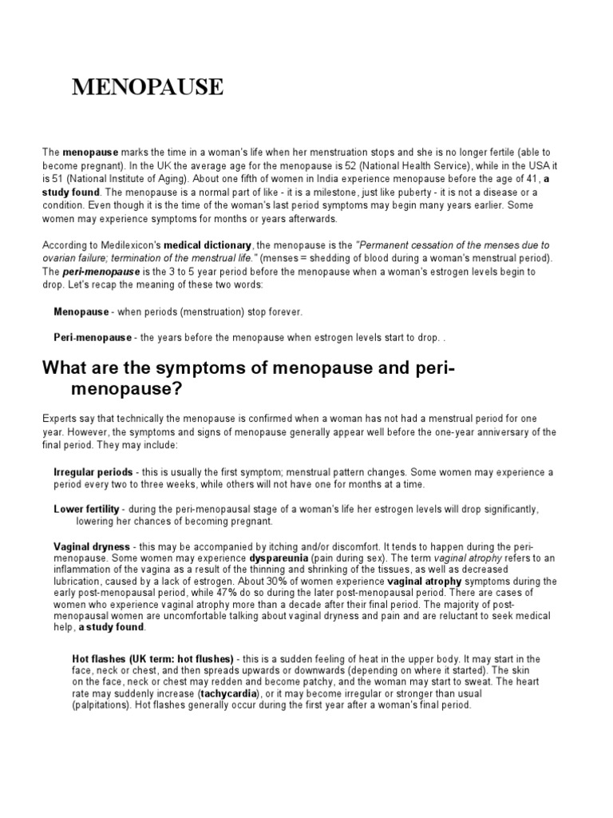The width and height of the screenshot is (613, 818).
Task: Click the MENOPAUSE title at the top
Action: click(148, 87)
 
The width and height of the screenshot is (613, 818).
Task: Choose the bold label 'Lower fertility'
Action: click(86, 509)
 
